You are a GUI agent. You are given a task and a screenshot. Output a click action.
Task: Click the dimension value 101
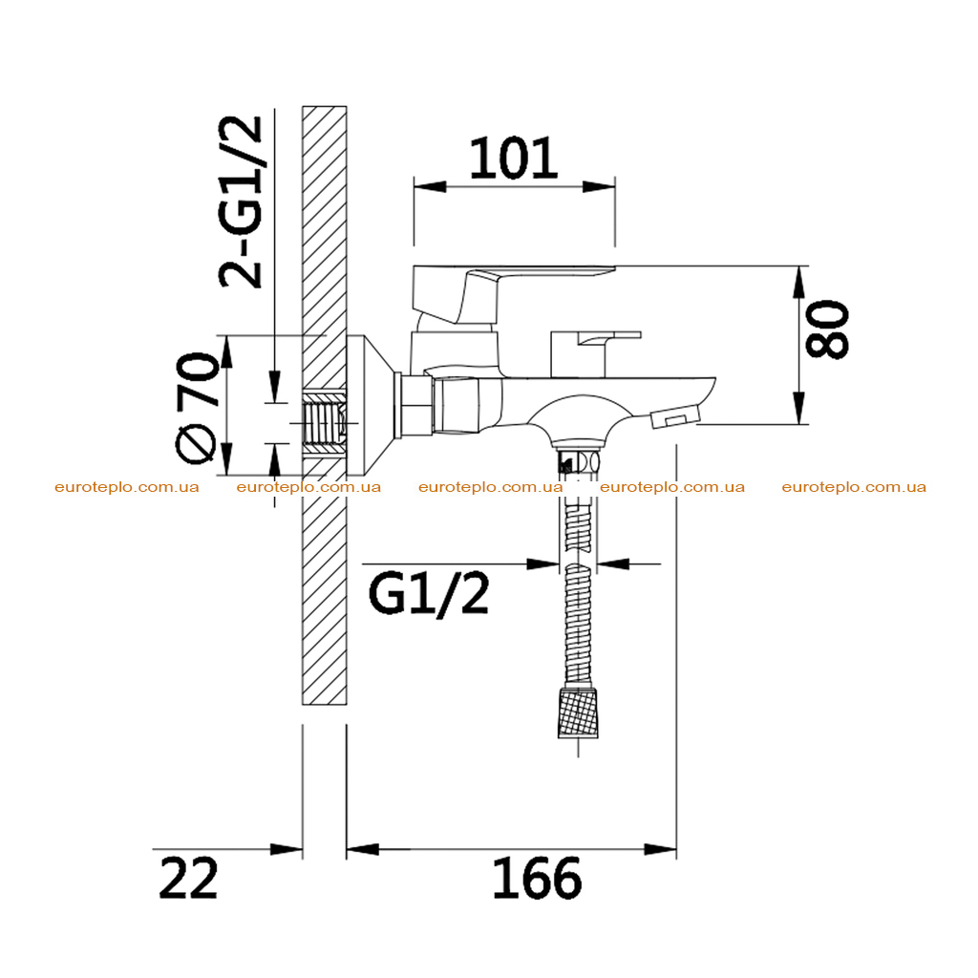click(513, 159)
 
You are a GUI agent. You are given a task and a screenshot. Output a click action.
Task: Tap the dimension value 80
click(828, 330)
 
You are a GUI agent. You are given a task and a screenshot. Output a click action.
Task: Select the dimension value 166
click(537, 879)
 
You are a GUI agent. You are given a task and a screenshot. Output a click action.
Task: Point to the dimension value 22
click(188, 879)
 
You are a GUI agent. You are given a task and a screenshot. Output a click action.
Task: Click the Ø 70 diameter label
click(198, 409)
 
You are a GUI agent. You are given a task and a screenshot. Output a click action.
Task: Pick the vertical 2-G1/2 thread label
click(241, 202)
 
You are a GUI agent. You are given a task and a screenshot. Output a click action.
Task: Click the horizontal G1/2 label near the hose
click(429, 594)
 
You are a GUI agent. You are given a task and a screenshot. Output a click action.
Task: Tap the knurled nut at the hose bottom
click(578, 712)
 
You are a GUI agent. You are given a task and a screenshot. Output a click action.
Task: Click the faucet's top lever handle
click(499, 292)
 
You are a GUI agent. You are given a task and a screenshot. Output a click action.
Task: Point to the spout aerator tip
click(675, 416)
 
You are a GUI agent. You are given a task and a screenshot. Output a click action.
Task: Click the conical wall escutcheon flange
click(372, 405)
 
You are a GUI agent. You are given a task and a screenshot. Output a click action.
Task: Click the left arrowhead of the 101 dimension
click(430, 186)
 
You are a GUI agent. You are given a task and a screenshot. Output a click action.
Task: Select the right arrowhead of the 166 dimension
click(661, 849)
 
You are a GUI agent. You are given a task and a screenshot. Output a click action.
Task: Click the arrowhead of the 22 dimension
click(287, 849)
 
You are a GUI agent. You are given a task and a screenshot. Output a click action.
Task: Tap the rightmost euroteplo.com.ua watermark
click(854, 487)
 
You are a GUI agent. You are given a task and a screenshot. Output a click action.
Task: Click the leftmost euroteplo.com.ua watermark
click(127, 487)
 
